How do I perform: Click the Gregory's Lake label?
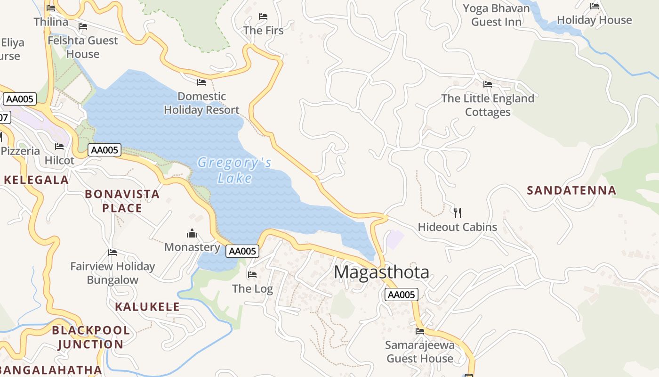[234, 170]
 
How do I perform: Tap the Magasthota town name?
[381, 272]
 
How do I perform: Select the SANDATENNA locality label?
[571, 190]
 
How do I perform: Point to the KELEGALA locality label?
[37, 180]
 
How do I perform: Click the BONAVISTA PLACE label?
[122, 201]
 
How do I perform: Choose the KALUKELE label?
[147, 307]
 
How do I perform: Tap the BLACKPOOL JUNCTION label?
[91, 337]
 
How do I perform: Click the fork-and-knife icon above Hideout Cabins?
[457, 213]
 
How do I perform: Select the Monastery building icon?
[192, 233]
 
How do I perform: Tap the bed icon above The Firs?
[263, 16]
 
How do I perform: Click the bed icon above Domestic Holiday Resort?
[201, 82]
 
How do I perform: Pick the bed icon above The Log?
[252, 274]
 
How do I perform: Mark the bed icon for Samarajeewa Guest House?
[420, 331]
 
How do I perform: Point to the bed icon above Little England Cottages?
[488, 84]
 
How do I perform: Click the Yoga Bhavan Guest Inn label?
[496, 15]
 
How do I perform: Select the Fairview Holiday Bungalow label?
[113, 273]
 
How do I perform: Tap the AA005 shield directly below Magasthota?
[401, 295]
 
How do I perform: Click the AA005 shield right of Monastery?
[242, 251]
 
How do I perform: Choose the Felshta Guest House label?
[83, 47]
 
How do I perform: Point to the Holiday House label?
[594, 20]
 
